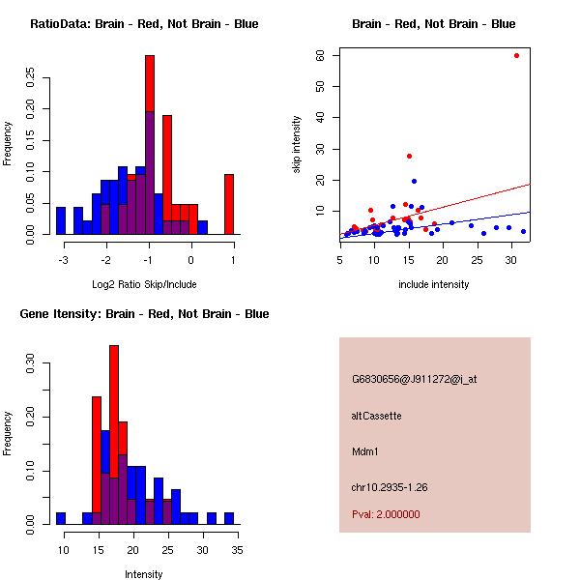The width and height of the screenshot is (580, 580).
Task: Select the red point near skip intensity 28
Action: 410,156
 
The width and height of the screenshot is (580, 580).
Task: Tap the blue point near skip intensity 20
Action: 414,181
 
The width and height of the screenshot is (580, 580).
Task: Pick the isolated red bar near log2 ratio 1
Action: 229,203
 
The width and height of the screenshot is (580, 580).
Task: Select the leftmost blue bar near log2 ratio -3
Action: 61,220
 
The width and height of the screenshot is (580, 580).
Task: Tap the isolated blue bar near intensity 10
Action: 61,518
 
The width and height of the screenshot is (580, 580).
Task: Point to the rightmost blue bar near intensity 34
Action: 229,518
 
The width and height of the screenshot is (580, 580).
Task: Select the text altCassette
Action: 376,416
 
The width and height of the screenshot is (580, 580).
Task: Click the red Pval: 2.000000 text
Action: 386,514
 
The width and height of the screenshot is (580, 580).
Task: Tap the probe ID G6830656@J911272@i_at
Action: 414,379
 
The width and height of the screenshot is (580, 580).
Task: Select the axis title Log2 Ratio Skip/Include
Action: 143,284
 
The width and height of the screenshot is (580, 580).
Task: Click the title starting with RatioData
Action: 144,24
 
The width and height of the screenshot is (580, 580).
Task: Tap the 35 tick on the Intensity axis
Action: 237,550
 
